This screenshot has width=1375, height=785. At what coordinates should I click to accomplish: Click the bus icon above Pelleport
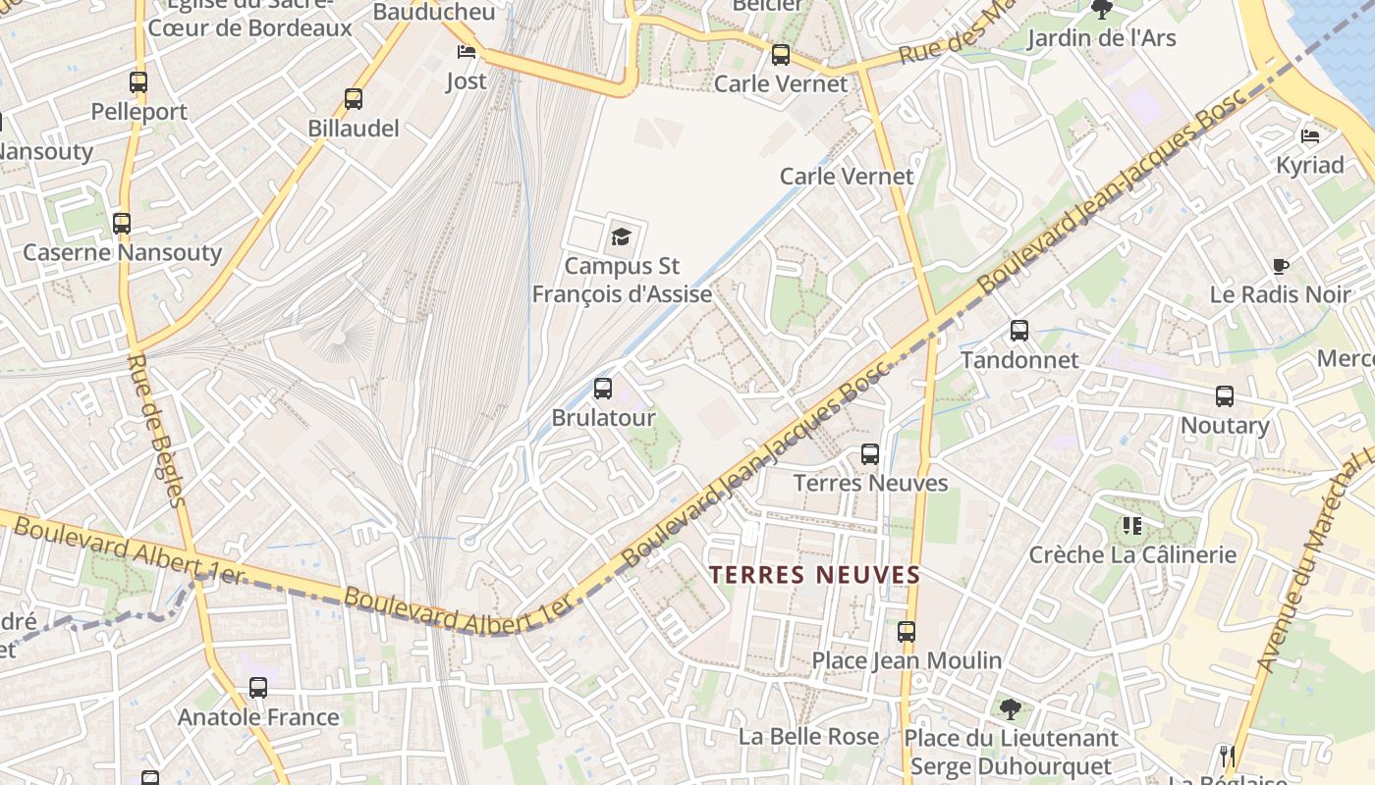point(138,82)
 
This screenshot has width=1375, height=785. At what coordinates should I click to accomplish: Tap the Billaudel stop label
point(354,128)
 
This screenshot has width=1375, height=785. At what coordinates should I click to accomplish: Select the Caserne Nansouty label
point(123,252)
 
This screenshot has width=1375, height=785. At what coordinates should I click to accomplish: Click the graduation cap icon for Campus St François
point(621,235)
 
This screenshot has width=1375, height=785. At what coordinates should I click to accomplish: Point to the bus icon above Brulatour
point(603,389)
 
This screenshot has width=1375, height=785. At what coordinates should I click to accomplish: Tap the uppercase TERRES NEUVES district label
point(815,574)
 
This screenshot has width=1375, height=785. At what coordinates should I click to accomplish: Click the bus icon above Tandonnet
point(1019,331)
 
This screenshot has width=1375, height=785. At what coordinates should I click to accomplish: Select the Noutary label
point(1225,425)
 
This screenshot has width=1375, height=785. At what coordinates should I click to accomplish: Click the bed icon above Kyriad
point(1310,135)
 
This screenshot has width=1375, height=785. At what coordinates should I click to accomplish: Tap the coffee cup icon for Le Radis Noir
point(1281,265)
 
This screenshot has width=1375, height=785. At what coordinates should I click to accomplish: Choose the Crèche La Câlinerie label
point(1132,554)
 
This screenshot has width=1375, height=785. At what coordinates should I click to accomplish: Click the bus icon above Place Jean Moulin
point(907,632)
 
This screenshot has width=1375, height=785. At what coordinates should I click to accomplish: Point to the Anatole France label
point(258,717)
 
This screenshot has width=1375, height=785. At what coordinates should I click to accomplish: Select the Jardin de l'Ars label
point(1101,38)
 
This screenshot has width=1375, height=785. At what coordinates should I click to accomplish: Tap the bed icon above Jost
point(467,51)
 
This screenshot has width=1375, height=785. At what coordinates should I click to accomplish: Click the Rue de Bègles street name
point(156,430)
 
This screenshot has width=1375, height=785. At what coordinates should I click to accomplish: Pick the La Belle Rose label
point(808,736)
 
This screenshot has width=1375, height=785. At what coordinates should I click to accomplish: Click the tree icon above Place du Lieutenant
point(1010,708)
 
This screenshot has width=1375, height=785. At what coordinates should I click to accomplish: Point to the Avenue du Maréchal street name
point(1316,569)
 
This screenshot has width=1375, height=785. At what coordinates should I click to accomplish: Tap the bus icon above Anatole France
point(258,688)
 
